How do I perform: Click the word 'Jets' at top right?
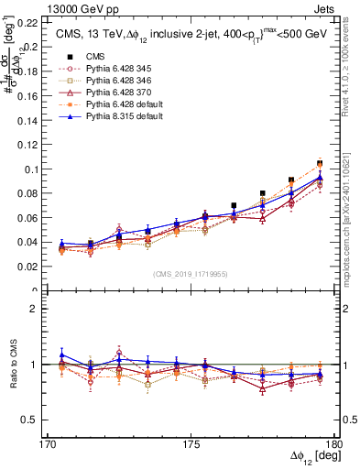(x=326, y=8)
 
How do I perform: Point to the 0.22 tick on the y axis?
(x=27, y=22)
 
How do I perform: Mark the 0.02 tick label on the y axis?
(x=27, y=267)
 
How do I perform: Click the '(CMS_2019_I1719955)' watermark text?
(x=191, y=274)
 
